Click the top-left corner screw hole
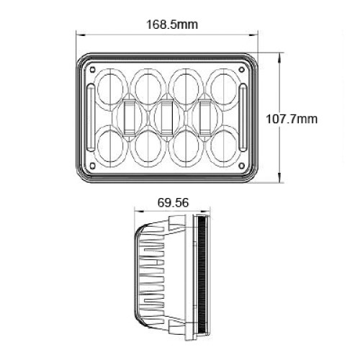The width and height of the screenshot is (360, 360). pos(94,68)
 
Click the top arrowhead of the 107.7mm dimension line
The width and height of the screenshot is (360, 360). pos(279,55)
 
